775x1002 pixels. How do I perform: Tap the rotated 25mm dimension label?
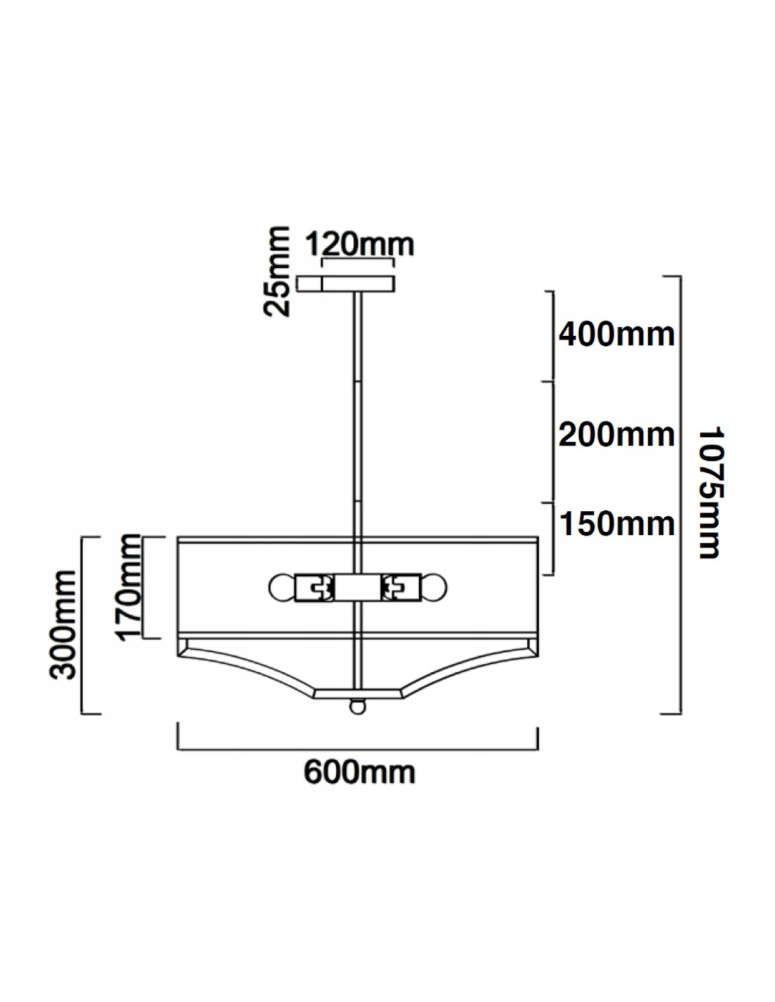click(277, 271)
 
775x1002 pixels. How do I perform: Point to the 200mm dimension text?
click(616, 435)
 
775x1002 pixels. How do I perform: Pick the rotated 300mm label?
click(62, 625)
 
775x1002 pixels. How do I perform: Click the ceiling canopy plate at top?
click(345, 283)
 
